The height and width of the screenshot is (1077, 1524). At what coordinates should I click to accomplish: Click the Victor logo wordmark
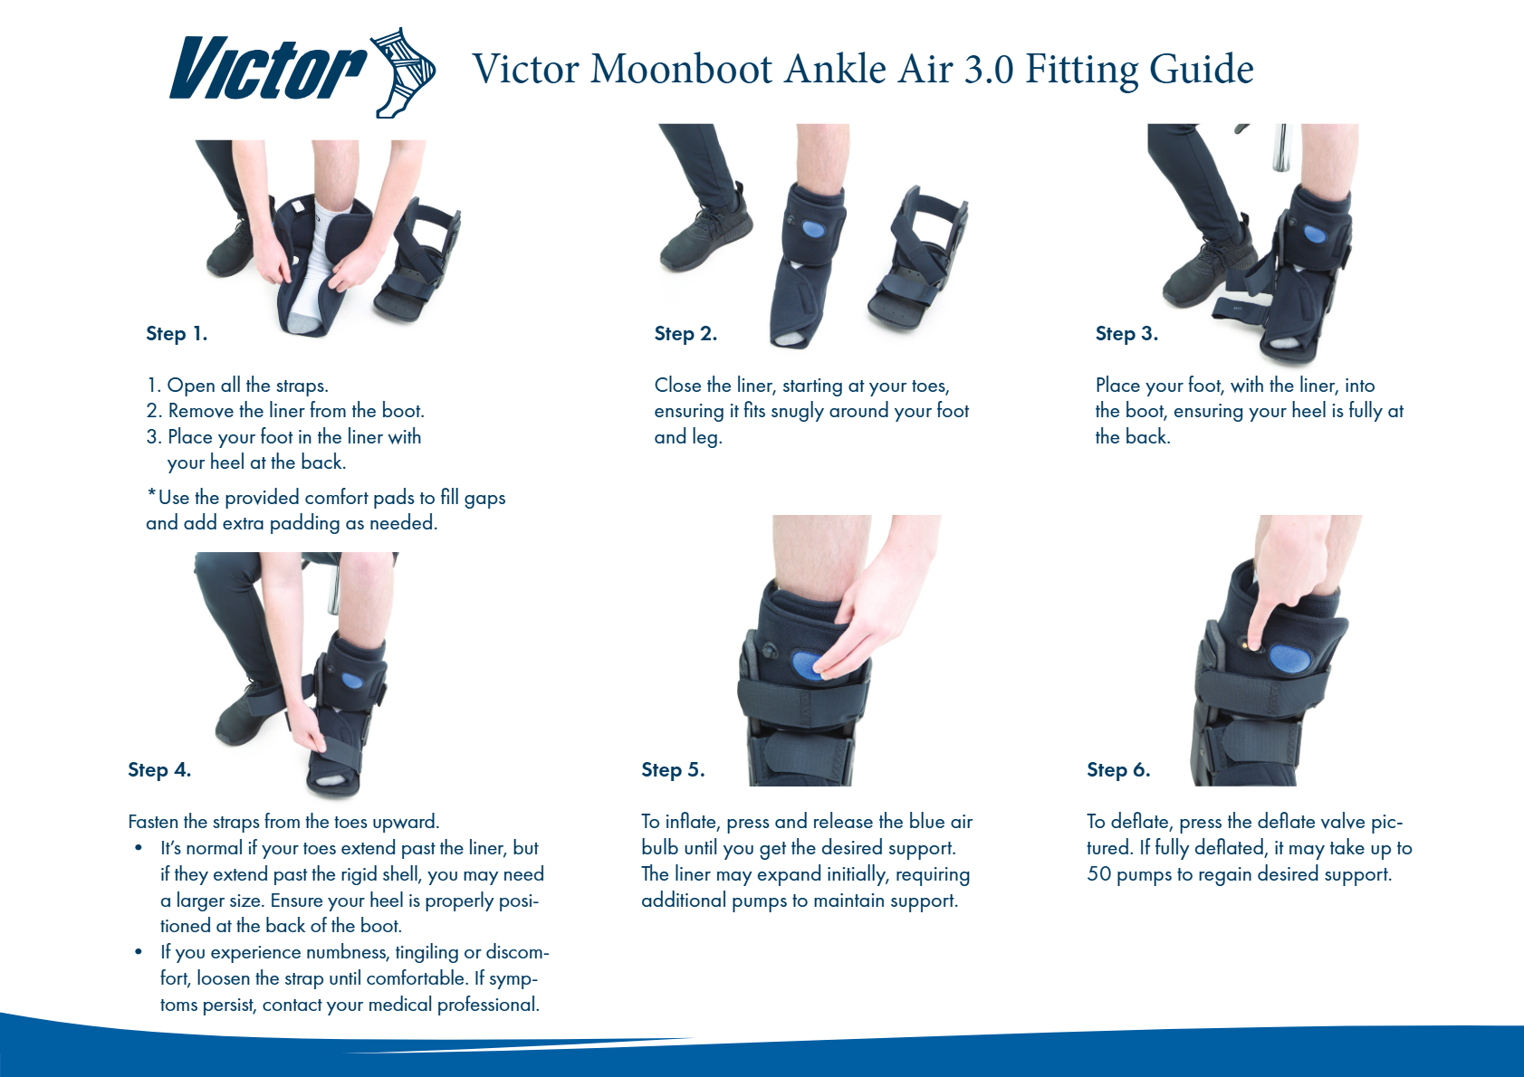268,68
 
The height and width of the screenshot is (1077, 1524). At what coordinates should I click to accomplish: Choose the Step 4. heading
159,769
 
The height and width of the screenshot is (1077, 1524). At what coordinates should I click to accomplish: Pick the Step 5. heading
673,769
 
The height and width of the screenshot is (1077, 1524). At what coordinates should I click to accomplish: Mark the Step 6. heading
1117,769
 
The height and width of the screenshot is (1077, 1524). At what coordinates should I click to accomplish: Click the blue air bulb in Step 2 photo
814,228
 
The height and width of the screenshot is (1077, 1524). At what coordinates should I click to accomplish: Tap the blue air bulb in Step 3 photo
1314,234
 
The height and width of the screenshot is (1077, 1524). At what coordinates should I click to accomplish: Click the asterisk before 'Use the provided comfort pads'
152,493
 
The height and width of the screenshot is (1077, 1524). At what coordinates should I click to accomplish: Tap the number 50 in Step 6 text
1098,873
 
